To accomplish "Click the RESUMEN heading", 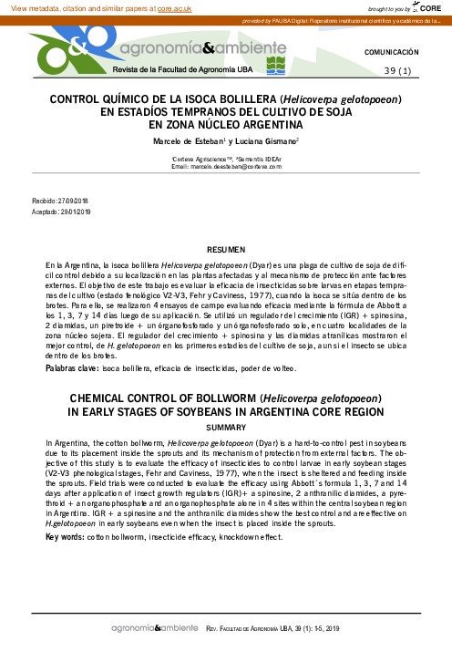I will tap(226, 249).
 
